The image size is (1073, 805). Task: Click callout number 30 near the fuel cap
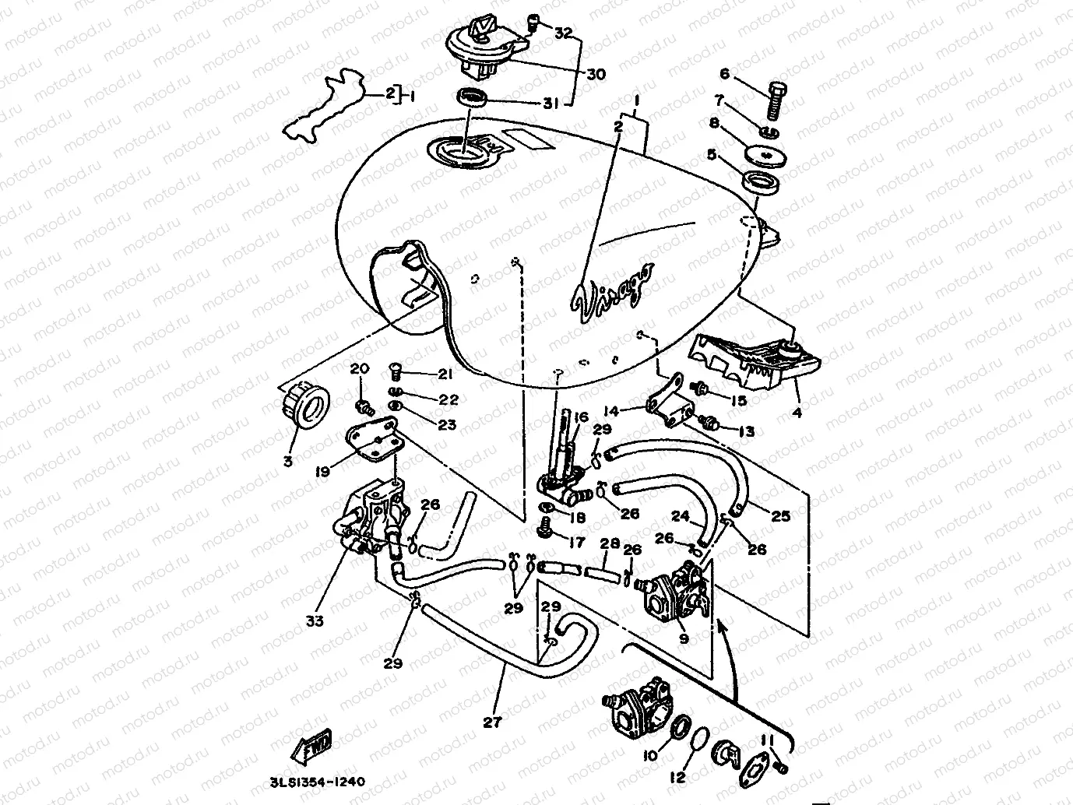pos(595,75)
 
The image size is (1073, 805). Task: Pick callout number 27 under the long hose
pos(491,722)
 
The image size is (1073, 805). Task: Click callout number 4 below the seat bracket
pos(797,413)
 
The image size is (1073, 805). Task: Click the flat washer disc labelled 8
pos(769,156)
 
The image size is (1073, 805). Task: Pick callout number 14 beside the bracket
pos(611,411)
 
